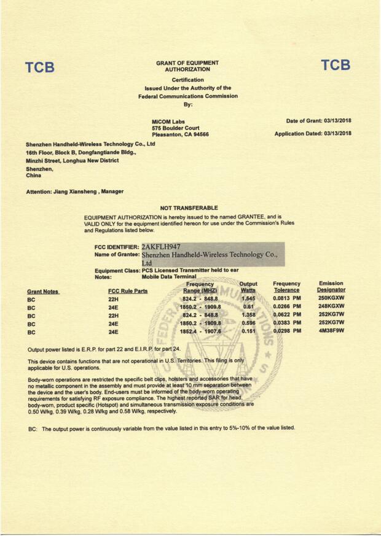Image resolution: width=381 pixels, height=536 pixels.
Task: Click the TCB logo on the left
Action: [x=40, y=68]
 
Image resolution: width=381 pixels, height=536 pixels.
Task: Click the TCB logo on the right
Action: [x=335, y=65]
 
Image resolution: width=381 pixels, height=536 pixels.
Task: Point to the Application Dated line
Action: [x=313, y=133]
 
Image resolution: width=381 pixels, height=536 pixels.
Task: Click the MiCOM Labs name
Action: [x=168, y=122]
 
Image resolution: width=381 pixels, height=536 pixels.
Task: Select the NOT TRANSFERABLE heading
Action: [x=189, y=208]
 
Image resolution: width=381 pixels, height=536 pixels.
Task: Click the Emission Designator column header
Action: [x=331, y=287]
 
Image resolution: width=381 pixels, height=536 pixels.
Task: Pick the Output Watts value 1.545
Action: [x=248, y=298]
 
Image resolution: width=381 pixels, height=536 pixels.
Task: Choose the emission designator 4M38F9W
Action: [x=331, y=332]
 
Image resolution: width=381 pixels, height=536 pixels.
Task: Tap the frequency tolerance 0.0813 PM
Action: [x=287, y=298]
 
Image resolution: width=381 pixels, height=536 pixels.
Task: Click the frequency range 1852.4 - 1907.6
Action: [x=200, y=332]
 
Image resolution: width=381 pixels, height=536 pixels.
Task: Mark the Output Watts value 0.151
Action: [x=248, y=332]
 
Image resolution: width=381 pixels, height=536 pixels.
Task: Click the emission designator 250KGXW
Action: [x=331, y=298]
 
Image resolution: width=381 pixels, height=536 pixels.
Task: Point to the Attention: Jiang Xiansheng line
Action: [x=74, y=192]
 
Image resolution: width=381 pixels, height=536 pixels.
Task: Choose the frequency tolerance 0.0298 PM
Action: [x=287, y=332]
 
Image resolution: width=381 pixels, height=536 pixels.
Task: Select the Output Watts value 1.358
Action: [x=248, y=315]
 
